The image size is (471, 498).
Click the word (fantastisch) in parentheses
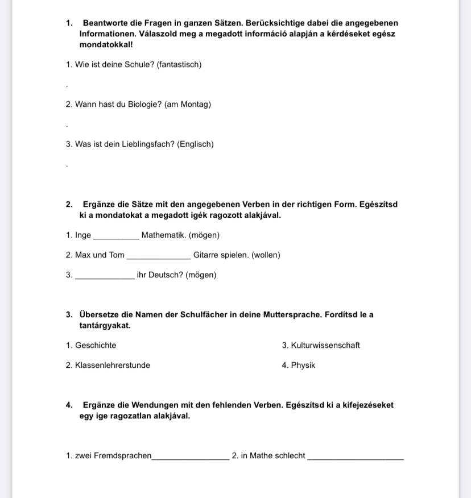[x=179, y=65]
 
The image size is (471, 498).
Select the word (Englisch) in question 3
[x=196, y=144]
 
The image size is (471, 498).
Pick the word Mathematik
[x=163, y=235]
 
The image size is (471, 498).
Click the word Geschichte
[x=96, y=345]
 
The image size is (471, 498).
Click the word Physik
[x=303, y=366]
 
